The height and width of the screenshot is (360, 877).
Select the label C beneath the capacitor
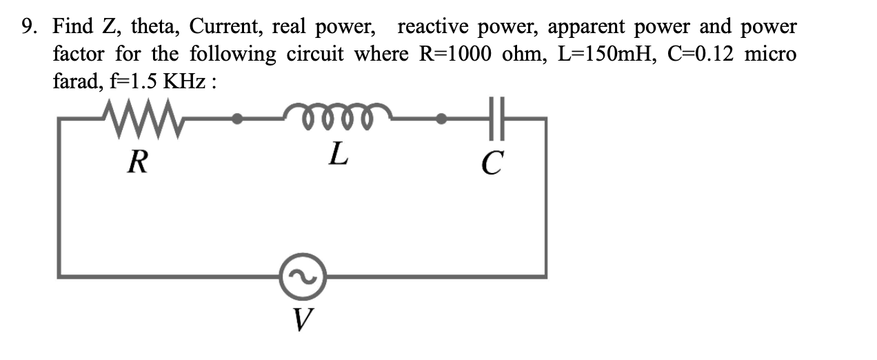pyautogui.click(x=492, y=163)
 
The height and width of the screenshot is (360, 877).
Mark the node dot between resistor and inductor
pyautogui.click(x=237, y=119)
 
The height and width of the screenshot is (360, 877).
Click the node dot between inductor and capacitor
pyautogui.click(x=441, y=119)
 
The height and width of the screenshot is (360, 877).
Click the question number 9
pyautogui.click(x=28, y=28)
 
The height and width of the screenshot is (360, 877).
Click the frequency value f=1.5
pyautogui.click(x=128, y=82)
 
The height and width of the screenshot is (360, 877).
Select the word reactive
pyautogui.click(x=434, y=28)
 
